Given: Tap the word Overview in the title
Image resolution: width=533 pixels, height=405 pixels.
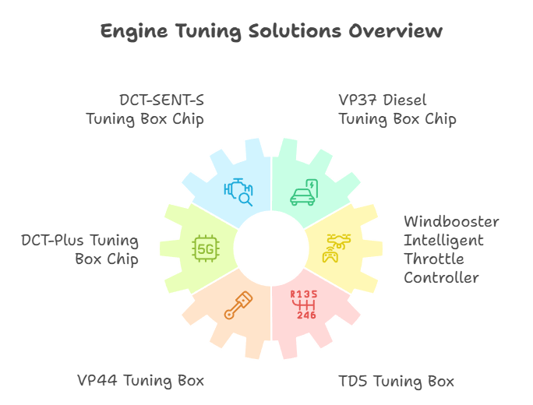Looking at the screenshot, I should click(396, 31).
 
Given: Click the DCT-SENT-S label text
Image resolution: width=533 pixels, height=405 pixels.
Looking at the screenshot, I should click(161, 100).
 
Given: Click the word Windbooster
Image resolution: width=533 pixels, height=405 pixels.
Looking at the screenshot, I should click(451, 222).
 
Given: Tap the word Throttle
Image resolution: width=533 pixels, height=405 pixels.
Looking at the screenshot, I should click(434, 259).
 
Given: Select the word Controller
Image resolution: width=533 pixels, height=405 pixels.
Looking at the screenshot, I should click(441, 278).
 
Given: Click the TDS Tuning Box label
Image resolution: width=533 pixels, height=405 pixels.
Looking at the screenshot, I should click(396, 382).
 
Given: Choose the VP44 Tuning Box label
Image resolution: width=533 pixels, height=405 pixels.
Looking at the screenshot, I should click(140, 381).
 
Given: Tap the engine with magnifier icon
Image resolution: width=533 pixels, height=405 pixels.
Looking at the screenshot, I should click(238, 192).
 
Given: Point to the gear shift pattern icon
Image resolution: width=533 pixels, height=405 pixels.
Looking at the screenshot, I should click(304, 304).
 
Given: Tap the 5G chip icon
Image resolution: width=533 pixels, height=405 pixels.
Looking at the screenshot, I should click(205, 248).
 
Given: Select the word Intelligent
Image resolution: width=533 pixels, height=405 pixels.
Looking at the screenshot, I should click(443, 241).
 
